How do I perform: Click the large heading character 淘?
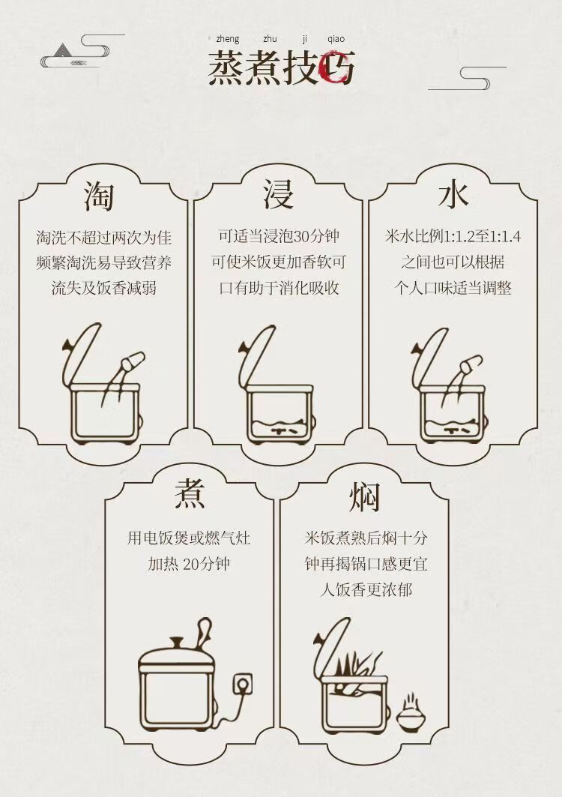click(x=99, y=195)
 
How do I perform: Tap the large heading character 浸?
click(x=278, y=194)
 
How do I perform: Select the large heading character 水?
click(x=453, y=195)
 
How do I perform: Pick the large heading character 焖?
click(x=364, y=496)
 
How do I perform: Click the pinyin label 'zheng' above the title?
click(x=227, y=39)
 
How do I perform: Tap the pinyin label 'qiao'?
click(x=336, y=39)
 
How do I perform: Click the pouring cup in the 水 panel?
click(x=470, y=363)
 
